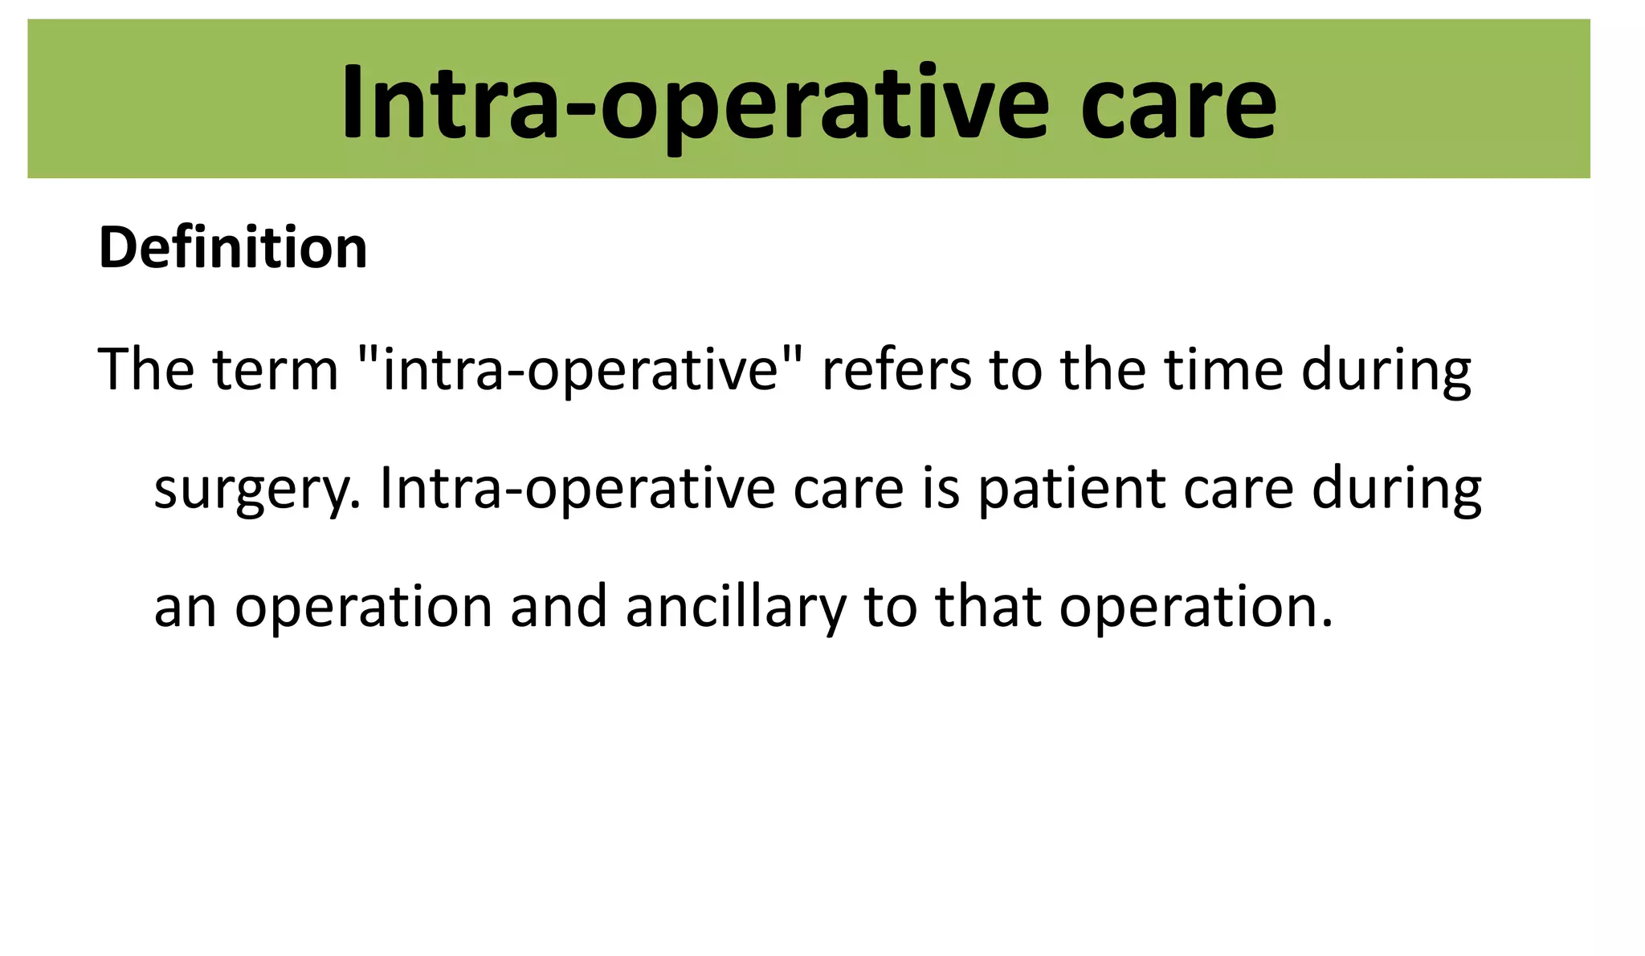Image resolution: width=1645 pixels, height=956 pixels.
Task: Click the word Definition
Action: tap(233, 248)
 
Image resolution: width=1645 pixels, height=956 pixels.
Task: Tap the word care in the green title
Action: tap(1178, 104)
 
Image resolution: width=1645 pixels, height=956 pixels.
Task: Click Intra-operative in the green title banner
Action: tap(694, 104)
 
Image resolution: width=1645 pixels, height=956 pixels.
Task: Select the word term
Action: tap(275, 370)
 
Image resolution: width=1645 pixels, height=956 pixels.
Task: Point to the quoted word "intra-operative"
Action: tap(580, 370)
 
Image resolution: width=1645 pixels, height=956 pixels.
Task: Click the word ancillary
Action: tap(736, 608)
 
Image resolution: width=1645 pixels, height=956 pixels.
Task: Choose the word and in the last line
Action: tap(559, 606)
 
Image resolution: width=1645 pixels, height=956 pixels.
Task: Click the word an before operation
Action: tap(185, 608)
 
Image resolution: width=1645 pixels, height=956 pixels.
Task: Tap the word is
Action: tap(941, 489)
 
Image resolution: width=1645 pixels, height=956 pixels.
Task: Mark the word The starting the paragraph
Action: tap(146, 370)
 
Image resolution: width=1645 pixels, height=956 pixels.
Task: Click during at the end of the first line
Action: tap(1386, 372)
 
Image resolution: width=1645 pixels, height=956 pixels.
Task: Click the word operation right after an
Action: tap(363, 608)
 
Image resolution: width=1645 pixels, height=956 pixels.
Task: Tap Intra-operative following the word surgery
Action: tap(578, 489)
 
